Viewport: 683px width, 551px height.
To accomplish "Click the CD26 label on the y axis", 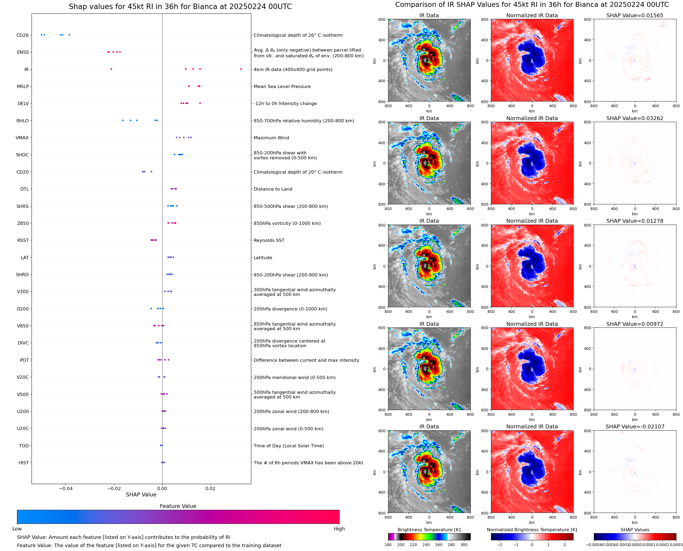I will pyautogui.click(x=22, y=35).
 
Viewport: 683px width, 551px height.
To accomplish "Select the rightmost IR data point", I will pyautogui.click(x=241, y=69).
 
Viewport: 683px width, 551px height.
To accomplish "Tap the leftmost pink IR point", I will pyautogui.click(x=111, y=69).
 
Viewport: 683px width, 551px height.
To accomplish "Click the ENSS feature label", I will pyautogui.click(x=22, y=52).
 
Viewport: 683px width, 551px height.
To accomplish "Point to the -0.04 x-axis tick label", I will pyautogui.click(x=66, y=488).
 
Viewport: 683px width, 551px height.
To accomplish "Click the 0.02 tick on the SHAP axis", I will pyautogui.click(x=210, y=488).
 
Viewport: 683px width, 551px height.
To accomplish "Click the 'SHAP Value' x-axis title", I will pyautogui.click(x=141, y=495).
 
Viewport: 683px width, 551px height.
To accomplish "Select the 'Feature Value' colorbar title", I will pyautogui.click(x=178, y=506).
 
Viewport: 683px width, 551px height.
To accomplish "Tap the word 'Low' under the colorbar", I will pyautogui.click(x=17, y=529).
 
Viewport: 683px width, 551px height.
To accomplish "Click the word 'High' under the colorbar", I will pyautogui.click(x=339, y=529).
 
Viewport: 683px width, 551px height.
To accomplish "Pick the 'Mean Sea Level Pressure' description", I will pyautogui.click(x=282, y=87).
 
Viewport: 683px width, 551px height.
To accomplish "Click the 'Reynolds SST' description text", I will pyautogui.click(x=269, y=240).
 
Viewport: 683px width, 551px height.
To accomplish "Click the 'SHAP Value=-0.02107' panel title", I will pyautogui.click(x=634, y=426).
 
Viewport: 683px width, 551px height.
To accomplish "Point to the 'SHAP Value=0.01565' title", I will pyautogui.click(x=634, y=16).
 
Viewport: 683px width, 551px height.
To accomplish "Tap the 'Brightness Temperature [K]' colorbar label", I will pyautogui.click(x=429, y=530).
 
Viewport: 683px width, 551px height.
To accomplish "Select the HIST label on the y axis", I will pyautogui.click(x=24, y=463).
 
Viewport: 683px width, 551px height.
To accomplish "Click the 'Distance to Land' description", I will pyautogui.click(x=273, y=189).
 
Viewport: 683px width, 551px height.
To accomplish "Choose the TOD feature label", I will pyautogui.click(x=24, y=446).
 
